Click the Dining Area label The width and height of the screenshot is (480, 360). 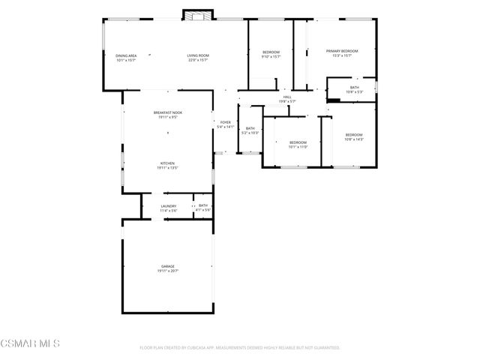click(126, 55)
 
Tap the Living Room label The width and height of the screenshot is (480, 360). click(198, 55)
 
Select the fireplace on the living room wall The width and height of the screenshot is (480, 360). click(198, 16)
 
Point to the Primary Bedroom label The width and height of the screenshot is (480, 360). click(342, 51)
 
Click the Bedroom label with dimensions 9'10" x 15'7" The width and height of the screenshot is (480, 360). click(271, 52)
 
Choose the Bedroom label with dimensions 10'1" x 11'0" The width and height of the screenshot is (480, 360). click(298, 142)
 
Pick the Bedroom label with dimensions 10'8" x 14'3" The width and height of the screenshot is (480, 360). click(354, 135)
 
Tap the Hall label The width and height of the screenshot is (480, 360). click(287, 97)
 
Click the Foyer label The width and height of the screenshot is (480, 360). click(226, 122)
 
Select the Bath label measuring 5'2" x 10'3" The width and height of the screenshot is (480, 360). click(250, 128)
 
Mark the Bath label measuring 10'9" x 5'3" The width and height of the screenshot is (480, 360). click(354, 87)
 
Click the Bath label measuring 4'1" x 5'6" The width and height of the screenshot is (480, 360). click(203, 205)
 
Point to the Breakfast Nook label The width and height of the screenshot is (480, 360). click(168, 112)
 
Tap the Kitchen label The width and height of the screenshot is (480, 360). click(167, 163)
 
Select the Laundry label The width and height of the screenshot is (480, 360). click(169, 205)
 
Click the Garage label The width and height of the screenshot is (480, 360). click(168, 266)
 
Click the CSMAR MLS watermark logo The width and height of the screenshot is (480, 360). click(30, 343)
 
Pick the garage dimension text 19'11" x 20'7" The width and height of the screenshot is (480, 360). click(168, 271)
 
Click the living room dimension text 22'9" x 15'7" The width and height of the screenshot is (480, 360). click(198, 60)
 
